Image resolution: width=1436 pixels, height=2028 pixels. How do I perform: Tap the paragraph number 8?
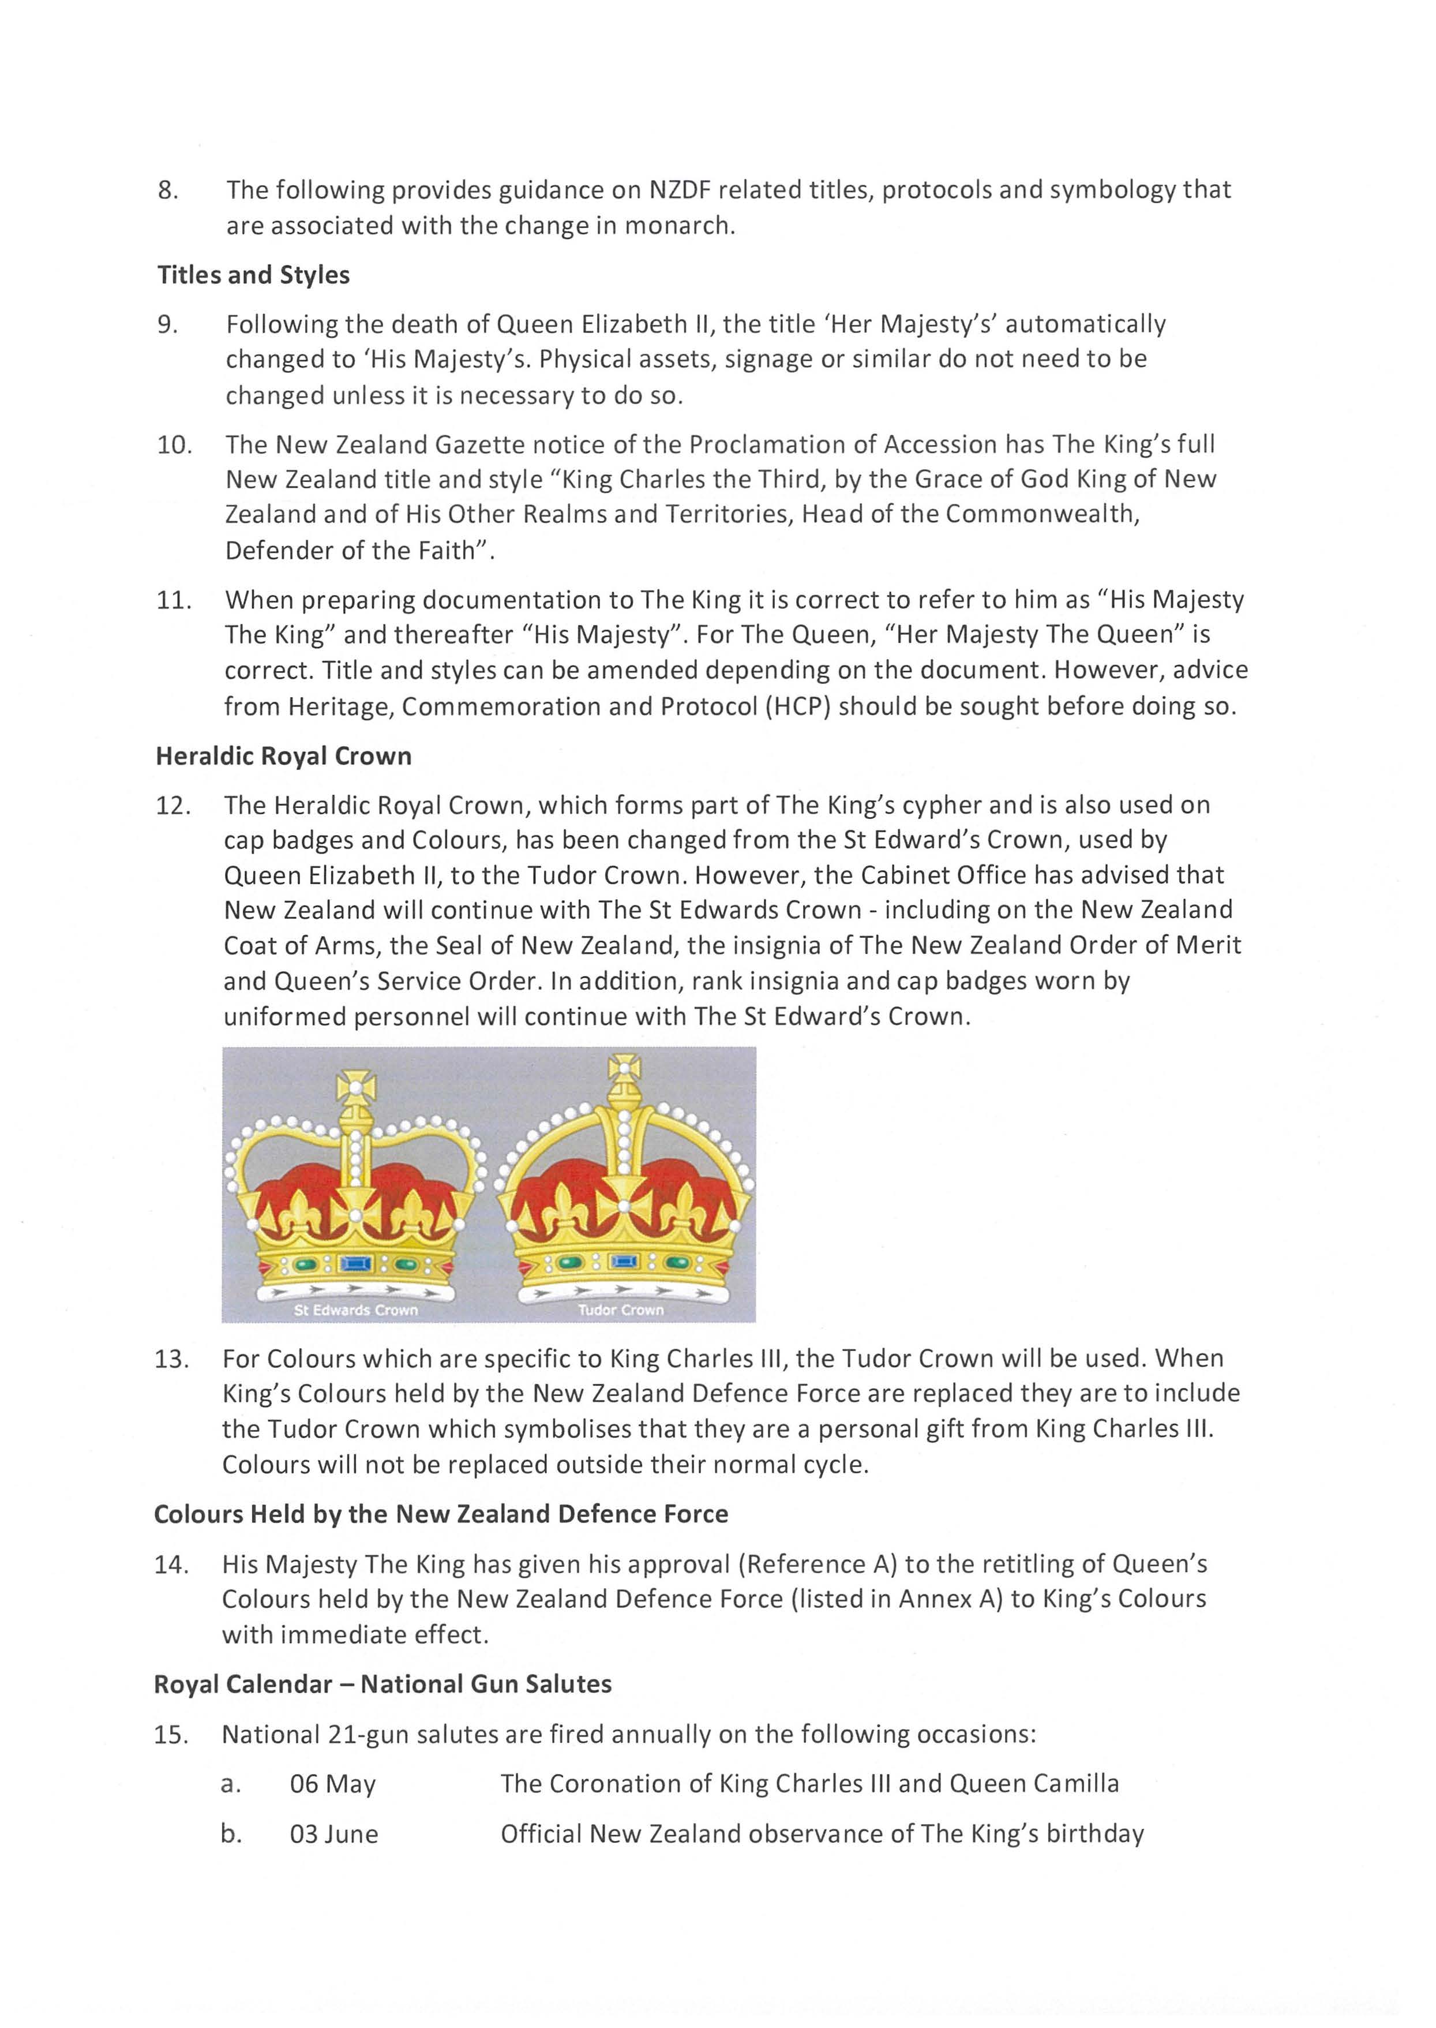tap(167, 190)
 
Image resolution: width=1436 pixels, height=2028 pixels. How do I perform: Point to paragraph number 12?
tap(173, 806)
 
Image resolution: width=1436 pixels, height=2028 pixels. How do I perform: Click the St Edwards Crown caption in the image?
tap(355, 1310)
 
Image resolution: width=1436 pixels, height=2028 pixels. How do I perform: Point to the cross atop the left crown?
tap(355, 1087)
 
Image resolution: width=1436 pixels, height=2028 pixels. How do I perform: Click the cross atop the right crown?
tap(624, 1068)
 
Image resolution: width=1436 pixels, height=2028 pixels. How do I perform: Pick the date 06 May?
tap(332, 1784)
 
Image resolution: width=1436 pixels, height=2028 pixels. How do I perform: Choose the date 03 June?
tap(333, 1834)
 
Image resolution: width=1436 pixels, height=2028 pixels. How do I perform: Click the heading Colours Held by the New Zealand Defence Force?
tap(440, 1514)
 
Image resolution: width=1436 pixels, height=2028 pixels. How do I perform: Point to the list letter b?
tap(231, 1834)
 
